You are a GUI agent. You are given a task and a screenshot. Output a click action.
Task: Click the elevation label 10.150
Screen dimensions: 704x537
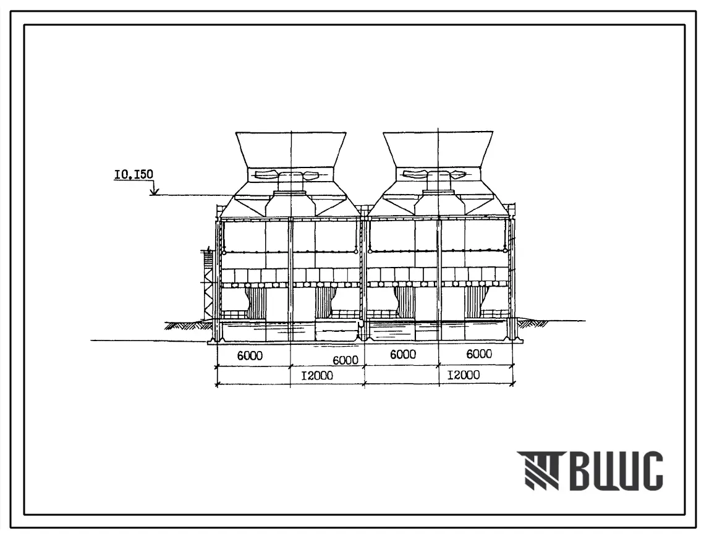(x=134, y=174)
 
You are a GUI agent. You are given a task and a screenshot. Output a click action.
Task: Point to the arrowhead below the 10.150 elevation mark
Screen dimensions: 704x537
(x=154, y=192)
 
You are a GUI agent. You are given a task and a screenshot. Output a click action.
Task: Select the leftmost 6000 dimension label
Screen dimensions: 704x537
(x=250, y=355)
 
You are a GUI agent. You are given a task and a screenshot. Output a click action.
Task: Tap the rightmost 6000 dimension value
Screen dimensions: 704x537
(x=479, y=354)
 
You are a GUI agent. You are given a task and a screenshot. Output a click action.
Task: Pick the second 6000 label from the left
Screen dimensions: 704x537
(x=346, y=360)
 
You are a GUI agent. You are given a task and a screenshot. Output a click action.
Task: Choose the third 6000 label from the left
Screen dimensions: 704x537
(x=403, y=355)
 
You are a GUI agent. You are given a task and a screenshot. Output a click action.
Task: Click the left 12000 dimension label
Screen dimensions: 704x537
(x=317, y=375)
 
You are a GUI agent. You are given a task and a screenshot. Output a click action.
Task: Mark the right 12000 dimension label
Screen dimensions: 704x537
(x=464, y=374)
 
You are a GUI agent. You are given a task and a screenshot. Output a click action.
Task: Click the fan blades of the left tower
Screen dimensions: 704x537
(x=291, y=174)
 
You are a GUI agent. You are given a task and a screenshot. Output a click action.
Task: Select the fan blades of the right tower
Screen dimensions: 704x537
(x=439, y=174)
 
